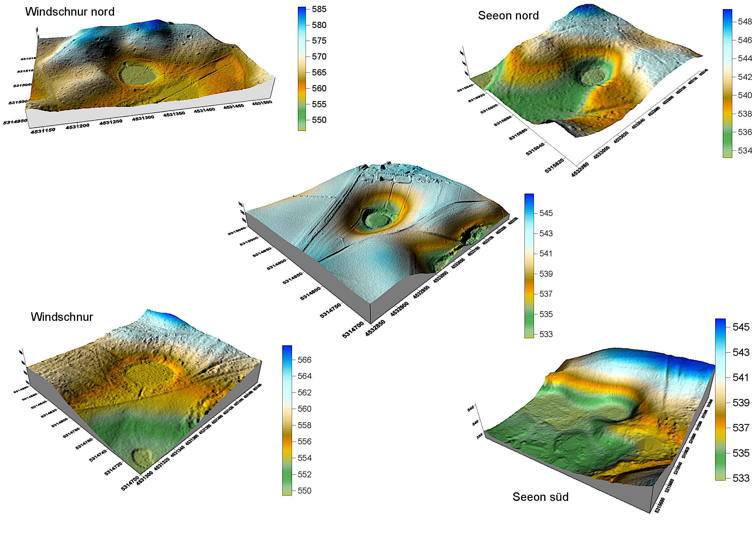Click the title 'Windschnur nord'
click(x=70, y=12)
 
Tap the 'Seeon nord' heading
click(x=508, y=16)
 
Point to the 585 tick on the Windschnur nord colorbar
click(x=319, y=9)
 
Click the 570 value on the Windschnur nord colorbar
click(x=319, y=57)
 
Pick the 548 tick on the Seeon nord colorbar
click(x=744, y=22)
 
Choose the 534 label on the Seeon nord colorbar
click(x=744, y=151)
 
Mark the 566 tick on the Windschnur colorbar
click(x=304, y=360)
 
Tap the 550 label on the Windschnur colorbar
click(x=304, y=491)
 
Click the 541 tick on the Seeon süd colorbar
click(x=741, y=377)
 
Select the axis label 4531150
click(x=43, y=131)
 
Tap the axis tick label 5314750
click(x=330, y=310)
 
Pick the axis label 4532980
click(x=580, y=170)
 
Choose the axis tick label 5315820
click(x=554, y=165)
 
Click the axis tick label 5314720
click(x=113, y=468)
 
